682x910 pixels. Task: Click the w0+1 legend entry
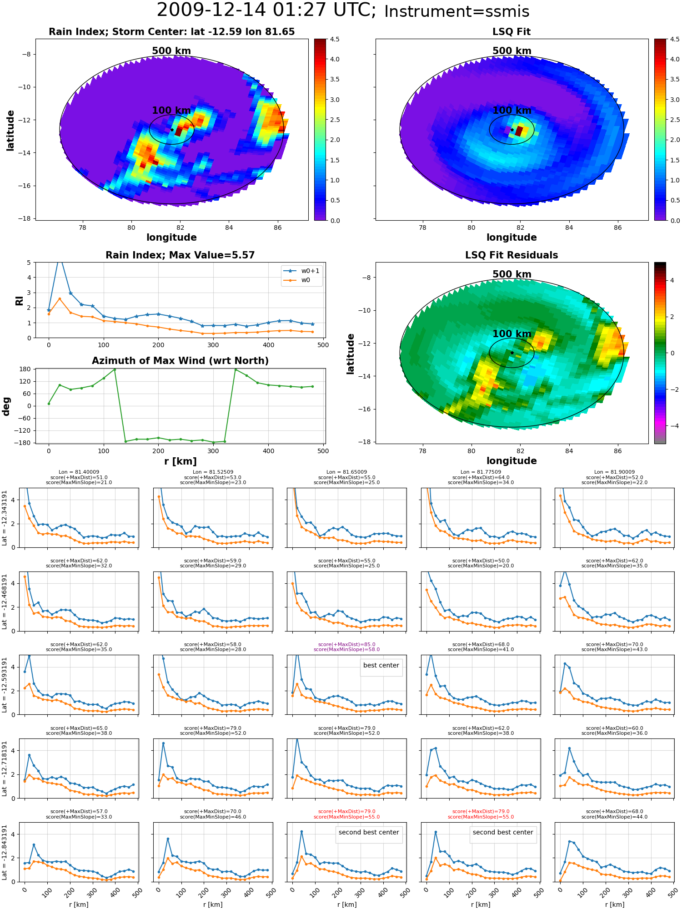301,271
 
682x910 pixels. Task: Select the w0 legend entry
297,280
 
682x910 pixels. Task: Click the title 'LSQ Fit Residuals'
511,255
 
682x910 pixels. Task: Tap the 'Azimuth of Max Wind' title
180,361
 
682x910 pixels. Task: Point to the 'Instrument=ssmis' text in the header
456,11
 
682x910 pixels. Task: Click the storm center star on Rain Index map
172,130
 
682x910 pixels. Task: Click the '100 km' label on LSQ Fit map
512,110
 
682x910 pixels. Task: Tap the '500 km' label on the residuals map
512,274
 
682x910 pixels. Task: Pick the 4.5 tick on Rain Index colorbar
335,39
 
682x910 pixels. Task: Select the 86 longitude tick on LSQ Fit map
617,227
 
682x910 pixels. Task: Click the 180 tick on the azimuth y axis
26,369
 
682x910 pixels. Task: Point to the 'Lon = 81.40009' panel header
79,472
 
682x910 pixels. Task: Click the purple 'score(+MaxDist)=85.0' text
346,644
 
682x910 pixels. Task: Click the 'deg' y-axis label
6,406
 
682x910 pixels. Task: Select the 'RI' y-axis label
19,300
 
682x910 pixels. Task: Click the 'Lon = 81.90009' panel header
614,472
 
